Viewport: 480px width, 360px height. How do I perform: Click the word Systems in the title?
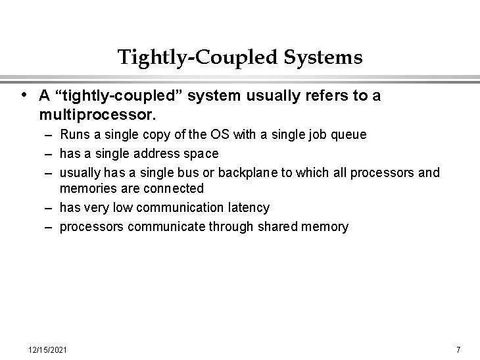pyautogui.click(x=323, y=58)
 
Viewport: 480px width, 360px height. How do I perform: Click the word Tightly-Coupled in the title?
pyautogui.click(x=199, y=58)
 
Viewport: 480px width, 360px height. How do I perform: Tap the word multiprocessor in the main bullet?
pyautogui.click(x=97, y=115)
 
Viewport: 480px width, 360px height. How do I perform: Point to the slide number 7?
pyautogui.click(x=458, y=349)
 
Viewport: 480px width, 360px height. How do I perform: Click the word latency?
pyautogui.click(x=249, y=208)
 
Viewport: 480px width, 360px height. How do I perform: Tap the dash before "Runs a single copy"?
pyautogui.click(x=49, y=135)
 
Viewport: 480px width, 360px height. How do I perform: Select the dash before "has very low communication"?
pyautogui.click(x=49, y=208)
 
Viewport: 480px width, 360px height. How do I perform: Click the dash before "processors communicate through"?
pyautogui.click(x=49, y=227)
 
